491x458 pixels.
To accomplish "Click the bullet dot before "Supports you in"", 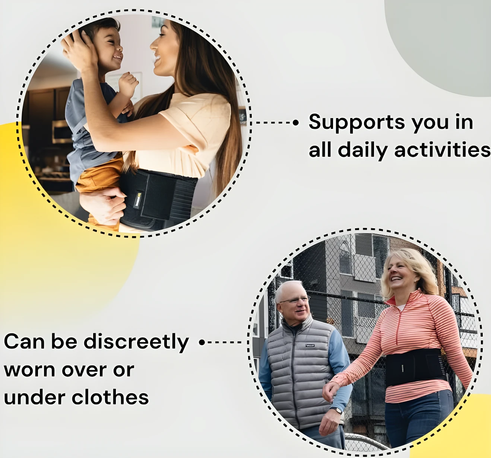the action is (x=296, y=123).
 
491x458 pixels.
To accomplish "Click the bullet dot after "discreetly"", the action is (x=202, y=342).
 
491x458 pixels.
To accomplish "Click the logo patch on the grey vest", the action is (x=310, y=345).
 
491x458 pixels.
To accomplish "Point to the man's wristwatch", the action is (x=336, y=410).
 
